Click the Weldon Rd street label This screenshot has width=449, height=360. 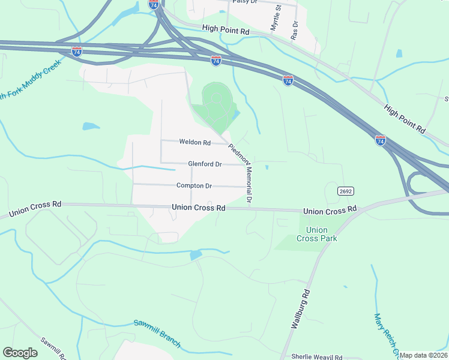click(195, 143)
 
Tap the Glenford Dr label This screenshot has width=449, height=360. click(205, 164)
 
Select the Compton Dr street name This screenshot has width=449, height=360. click(194, 186)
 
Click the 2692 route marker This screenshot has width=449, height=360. click(345, 191)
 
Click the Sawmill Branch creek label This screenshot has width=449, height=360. click(157, 332)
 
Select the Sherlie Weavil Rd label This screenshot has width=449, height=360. click(316, 356)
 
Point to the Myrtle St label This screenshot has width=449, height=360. click(276, 18)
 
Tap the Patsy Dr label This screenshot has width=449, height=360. click(244, 2)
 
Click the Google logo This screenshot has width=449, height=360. click(20, 353)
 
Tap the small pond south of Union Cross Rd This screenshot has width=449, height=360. click(196, 256)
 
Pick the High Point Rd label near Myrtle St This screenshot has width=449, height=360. click(225, 29)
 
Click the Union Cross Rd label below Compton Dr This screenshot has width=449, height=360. click(198, 208)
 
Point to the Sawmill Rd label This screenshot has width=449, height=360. click(54, 349)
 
